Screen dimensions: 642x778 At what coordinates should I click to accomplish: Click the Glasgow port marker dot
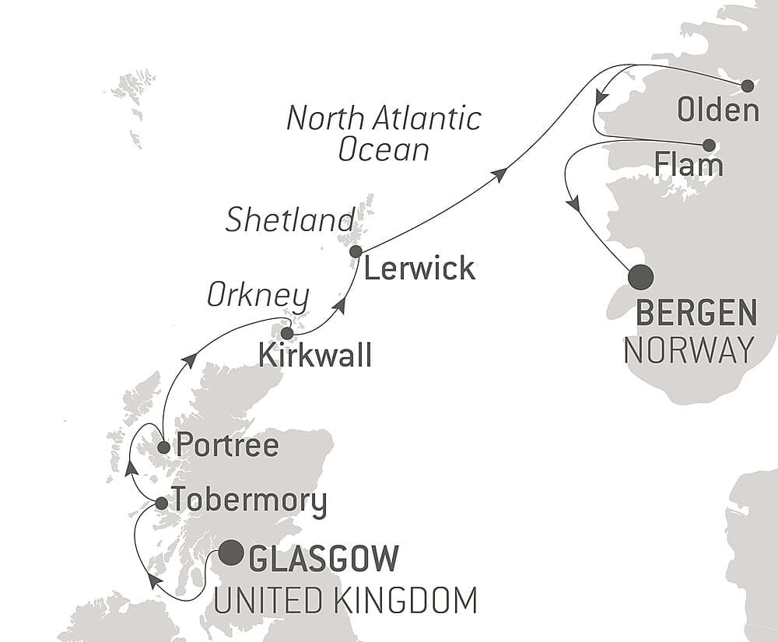click(x=230, y=553)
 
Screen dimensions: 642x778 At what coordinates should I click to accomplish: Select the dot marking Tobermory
click(x=161, y=503)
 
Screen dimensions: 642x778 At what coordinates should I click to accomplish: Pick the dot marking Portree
click(x=163, y=447)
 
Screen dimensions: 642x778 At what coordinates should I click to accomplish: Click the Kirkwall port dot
click(x=287, y=333)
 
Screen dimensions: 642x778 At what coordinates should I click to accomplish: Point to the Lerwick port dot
click(x=356, y=251)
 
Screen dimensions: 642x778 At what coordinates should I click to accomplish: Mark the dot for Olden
click(x=748, y=86)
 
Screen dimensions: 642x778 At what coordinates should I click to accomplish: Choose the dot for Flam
click(x=709, y=145)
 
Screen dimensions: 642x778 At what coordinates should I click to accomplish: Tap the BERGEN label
click(x=696, y=314)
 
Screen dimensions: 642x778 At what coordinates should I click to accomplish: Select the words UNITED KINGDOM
click(x=345, y=601)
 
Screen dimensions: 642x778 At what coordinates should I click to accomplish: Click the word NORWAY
click(x=689, y=349)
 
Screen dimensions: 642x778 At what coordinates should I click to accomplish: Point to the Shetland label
click(x=290, y=220)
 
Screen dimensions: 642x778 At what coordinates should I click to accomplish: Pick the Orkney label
click(x=258, y=296)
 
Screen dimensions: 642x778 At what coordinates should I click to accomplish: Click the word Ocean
click(x=384, y=149)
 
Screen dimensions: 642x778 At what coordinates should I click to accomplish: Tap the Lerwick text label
click(x=419, y=269)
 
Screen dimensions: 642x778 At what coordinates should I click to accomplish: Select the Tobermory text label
click(x=249, y=502)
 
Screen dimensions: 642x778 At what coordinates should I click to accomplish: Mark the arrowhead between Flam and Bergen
click(x=573, y=205)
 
